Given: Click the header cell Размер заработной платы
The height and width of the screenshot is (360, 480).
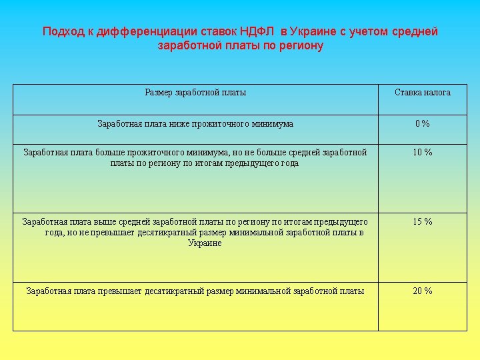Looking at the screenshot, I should click(195, 93).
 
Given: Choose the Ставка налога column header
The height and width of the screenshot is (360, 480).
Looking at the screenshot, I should click(423, 93).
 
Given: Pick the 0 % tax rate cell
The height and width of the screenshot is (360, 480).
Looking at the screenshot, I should click(423, 123).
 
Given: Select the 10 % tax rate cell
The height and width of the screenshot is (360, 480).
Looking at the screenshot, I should click(423, 153).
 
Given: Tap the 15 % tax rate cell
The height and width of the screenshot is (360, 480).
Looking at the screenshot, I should click(423, 221).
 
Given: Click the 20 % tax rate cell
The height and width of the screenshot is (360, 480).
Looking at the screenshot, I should click(423, 291).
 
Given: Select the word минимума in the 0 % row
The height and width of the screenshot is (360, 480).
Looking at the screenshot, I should click(272, 123).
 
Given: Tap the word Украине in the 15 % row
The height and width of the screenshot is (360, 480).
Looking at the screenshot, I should click(205, 243).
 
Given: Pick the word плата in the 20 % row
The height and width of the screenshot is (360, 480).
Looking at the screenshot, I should click(84, 291).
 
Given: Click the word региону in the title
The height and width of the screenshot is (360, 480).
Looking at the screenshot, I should click(298, 46).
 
